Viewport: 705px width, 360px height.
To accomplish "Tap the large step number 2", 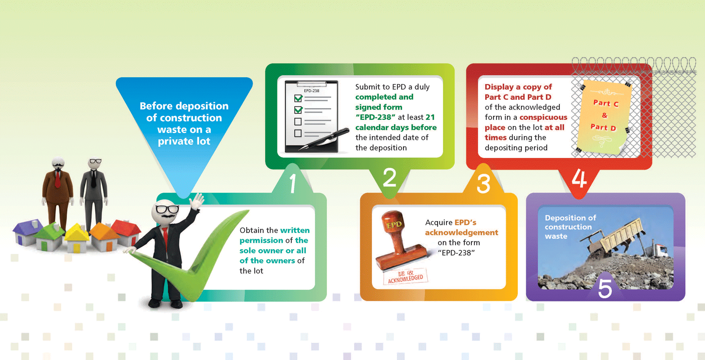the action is pos(389,178).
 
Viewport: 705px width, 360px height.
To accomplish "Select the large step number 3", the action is pos(484,183).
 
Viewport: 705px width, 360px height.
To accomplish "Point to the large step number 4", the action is pos(579,178).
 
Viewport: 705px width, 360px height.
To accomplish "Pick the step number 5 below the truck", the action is pos(605,288).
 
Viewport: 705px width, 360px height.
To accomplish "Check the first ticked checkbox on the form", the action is pos(298,98).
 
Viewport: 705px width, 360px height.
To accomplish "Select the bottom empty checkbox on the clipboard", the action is pos(298,133).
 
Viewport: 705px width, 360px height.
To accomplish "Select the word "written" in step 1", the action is pos(295,230).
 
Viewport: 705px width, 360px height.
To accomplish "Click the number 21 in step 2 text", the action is pos(430,117).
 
